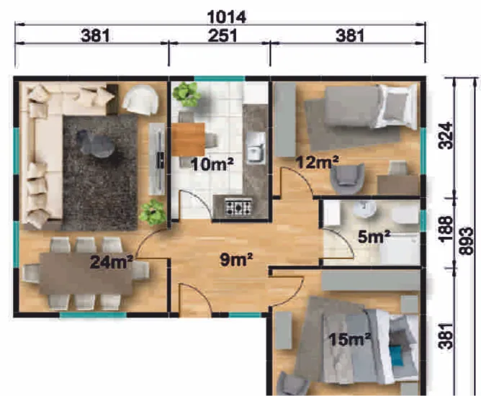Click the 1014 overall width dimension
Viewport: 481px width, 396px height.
tap(227, 17)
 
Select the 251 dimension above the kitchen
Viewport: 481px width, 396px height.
tap(222, 36)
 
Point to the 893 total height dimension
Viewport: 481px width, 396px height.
tap(466, 240)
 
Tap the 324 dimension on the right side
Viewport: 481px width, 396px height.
tap(446, 135)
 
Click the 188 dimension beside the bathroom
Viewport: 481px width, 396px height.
tap(446, 230)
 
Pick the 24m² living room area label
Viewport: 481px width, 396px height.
tap(112, 262)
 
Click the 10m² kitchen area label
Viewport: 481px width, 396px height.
tap(212, 164)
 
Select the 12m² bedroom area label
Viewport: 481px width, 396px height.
tap(318, 162)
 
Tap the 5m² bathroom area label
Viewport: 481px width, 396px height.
tap(374, 237)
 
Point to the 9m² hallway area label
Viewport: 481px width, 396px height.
tap(236, 259)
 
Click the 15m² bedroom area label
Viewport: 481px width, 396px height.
tap(350, 339)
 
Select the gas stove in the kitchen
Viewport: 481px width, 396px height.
tap(238, 207)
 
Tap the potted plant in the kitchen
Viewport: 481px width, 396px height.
tap(186, 94)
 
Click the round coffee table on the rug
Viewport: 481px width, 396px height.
tap(96, 143)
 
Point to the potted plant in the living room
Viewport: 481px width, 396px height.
tap(153, 212)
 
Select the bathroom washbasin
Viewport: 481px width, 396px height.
tap(365, 208)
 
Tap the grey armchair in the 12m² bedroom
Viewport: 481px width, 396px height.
tap(347, 179)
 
